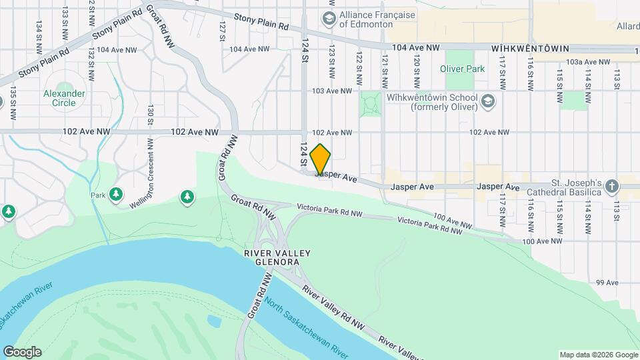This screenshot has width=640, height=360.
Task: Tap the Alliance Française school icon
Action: click(x=329, y=19)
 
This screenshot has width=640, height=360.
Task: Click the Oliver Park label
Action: click(x=462, y=69)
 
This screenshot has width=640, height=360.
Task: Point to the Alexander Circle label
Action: click(x=64, y=98)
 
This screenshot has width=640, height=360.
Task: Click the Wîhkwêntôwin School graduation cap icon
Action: click(x=489, y=101)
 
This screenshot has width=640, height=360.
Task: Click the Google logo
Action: click(x=22, y=351)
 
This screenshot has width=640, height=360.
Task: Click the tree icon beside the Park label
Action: click(x=117, y=194)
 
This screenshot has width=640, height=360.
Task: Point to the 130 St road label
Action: click(x=151, y=115)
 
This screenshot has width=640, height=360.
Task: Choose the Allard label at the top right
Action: click(x=628, y=26)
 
